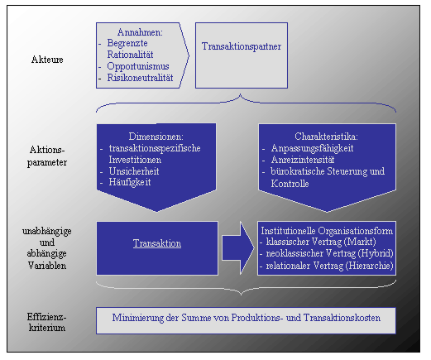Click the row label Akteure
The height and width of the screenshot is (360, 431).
(47, 60)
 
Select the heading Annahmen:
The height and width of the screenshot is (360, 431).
(140, 32)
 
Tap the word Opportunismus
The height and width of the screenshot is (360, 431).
(138, 66)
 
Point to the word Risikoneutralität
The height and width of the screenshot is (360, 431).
(140, 78)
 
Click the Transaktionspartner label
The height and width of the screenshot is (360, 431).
(242, 46)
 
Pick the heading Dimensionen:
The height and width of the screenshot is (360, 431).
(156, 137)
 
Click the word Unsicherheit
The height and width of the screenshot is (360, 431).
(134, 171)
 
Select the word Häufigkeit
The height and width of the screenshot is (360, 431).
(130, 182)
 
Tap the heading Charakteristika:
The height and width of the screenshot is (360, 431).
(326, 137)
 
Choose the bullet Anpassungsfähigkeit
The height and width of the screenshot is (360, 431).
(312, 148)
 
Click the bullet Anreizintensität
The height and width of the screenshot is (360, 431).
(303, 160)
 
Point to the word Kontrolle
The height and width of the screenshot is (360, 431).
(290, 184)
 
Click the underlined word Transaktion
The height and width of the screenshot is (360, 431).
(157, 243)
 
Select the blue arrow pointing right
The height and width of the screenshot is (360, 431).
(238, 248)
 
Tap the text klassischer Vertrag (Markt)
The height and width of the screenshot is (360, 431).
(321, 242)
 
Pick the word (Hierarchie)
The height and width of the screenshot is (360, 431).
(369, 266)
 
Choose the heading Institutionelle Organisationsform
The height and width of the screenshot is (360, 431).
(327, 231)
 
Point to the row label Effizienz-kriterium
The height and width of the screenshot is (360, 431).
(47, 322)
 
